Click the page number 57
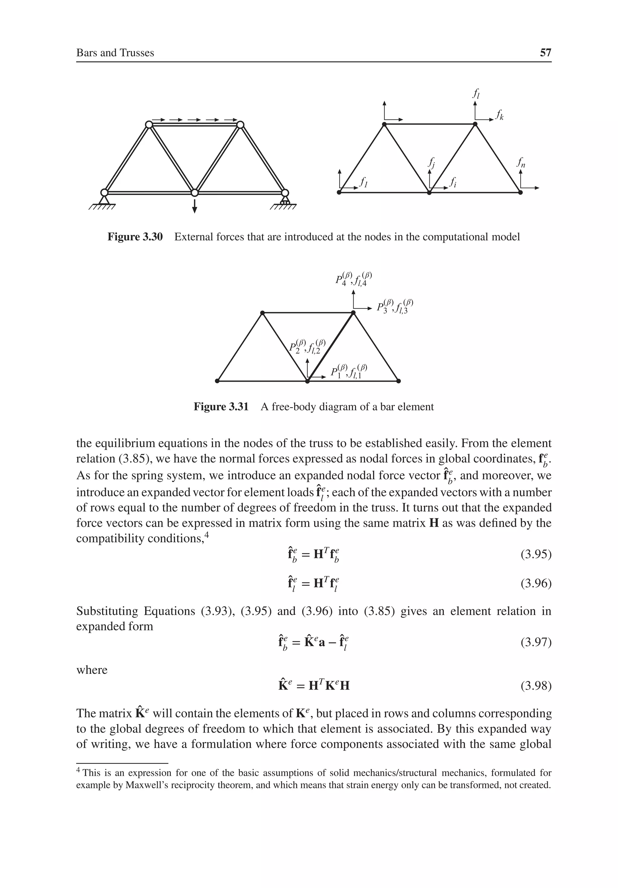[x=545, y=53]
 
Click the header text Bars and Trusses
[x=115, y=53]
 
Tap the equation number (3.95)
[x=536, y=554]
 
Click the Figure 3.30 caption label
[x=135, y=237]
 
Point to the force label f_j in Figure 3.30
[x=431, y=163]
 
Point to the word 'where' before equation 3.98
[x=92, y=670]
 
